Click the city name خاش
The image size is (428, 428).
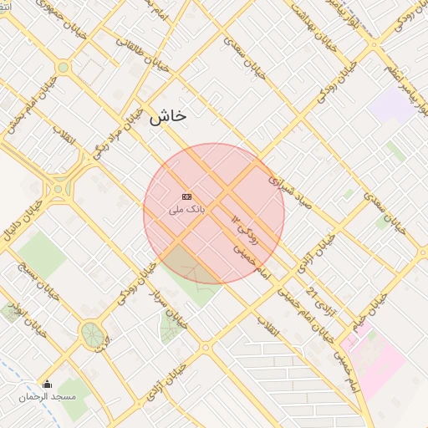point(167,117)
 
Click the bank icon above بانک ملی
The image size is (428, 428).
point(186,196)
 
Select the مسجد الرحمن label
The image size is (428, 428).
point(48,396)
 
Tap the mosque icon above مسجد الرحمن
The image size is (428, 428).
point(47,385)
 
